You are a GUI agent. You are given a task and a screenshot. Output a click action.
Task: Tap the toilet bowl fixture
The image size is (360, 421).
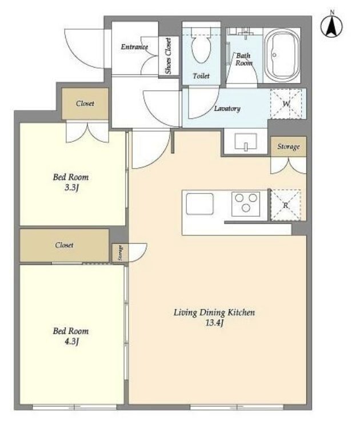tap(201, 46)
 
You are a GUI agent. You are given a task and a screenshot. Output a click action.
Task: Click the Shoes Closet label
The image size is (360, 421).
tap(168, 56)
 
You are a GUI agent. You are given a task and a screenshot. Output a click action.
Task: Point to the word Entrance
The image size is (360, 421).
tap(134, 47)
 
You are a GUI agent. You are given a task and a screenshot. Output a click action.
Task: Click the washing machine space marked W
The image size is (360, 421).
tap(286, 104)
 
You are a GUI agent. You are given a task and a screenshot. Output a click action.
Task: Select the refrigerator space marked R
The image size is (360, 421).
tap(286, 205)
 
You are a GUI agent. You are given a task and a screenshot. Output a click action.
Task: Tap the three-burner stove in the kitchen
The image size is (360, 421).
tap(246, 204)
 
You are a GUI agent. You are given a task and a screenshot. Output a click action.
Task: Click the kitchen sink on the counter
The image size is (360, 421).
tap(200, 204)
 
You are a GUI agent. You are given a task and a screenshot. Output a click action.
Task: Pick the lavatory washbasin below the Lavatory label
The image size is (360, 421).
tap(246, 141)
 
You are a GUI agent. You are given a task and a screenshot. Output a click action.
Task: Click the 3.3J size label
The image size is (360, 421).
tap(71, 188)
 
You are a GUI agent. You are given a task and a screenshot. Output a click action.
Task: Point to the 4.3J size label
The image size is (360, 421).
tap(71, 342)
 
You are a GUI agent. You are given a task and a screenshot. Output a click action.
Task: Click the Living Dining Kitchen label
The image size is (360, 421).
tap(214, 312)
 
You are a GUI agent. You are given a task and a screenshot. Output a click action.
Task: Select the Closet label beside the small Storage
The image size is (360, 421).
tap(64, 245)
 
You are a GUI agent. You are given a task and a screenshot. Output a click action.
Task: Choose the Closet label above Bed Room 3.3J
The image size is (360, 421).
tap(85, 104)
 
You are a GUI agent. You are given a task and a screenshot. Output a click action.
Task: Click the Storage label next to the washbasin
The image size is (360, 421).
tap(289, 146)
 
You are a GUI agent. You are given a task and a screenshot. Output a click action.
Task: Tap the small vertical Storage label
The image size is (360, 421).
tap(121, 253)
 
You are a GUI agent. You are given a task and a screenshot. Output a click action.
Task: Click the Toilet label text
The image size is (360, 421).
tap(201, 76)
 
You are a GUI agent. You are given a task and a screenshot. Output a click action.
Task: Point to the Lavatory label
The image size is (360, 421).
tap(227, 109)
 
